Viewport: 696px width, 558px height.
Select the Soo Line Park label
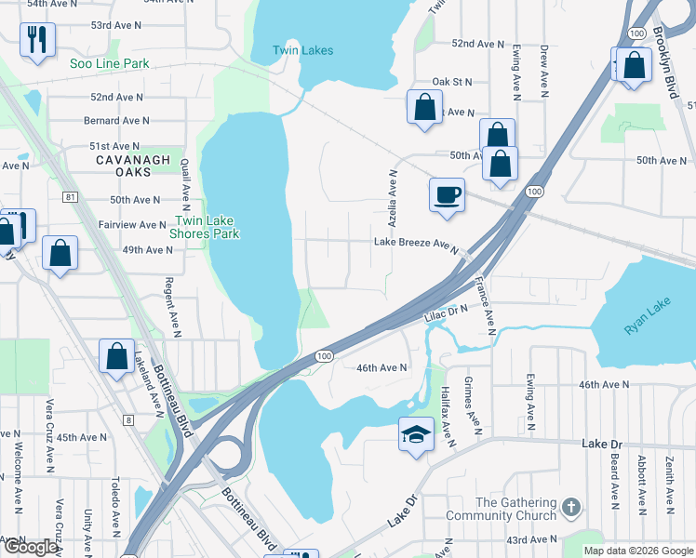(x=110, y=64)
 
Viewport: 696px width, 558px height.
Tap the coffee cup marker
(x=447, y=194)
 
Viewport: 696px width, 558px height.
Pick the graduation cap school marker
(x=416, y=433)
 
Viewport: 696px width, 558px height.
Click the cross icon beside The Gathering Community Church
(x=571, y=508)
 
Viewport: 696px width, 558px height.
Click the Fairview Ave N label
(x=133, y=225)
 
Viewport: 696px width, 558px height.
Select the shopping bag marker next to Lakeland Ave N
(x=117, y=356)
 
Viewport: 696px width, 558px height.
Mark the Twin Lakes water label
(x=302, y=50)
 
